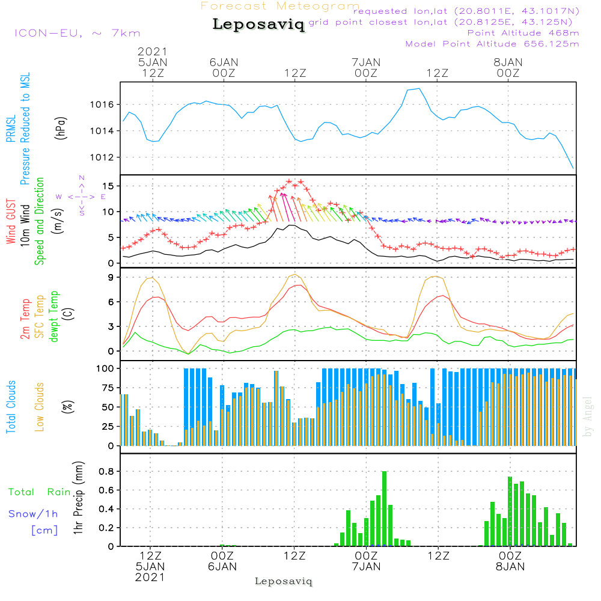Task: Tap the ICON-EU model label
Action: (77, 33)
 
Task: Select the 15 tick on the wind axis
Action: (109, 186)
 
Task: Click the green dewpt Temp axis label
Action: (55, 317)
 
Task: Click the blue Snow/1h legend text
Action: (34, 513)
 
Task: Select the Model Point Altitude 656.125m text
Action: (492, 44)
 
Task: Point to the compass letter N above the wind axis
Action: (82, 178)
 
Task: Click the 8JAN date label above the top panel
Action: (508, 62)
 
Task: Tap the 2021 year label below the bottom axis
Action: (150, 577)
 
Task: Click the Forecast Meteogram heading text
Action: (280, 6)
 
